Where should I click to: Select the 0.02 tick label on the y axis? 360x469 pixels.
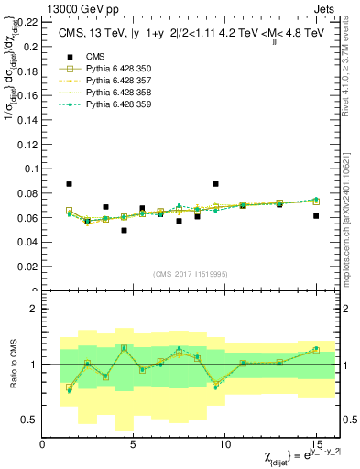tap(27, 267)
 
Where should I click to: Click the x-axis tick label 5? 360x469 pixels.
tap(134, 444)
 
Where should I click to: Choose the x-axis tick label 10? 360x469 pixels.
tap(224, 444)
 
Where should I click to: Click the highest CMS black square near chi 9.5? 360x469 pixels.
tap(215, 184)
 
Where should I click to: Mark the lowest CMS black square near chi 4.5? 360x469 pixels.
tap(124, 230)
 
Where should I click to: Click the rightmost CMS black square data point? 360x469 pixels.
tap(316, 216)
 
